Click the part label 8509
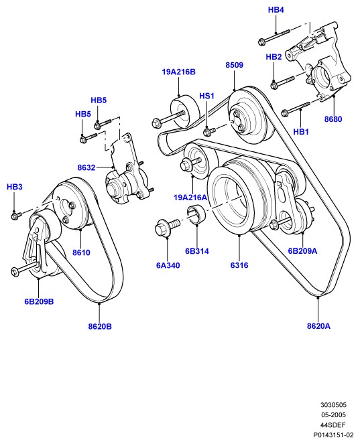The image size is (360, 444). pos(234,65)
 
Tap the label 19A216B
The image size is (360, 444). pos(178,72)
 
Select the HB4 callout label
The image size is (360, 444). pos(276,10)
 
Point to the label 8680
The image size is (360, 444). pos(333,119)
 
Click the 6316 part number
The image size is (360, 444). pos(239,265)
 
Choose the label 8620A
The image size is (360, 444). pos(318,326)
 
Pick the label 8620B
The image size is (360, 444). pos(100,327)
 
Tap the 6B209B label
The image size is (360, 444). pos(39,301)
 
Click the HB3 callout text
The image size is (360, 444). pos(15,187)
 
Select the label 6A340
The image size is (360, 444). pos(168,265)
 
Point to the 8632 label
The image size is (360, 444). pos(86,167)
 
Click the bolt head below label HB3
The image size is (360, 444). pos(15,216)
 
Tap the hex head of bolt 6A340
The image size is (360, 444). pos(162,228)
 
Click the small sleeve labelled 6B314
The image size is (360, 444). pos(196,214)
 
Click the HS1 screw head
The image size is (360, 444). pos(208,132)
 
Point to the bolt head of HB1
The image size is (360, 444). pos(285,113)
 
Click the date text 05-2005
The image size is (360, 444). pos(333,415)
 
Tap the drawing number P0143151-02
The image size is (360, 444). pos(333,435)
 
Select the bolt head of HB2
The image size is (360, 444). pos(274,84)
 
